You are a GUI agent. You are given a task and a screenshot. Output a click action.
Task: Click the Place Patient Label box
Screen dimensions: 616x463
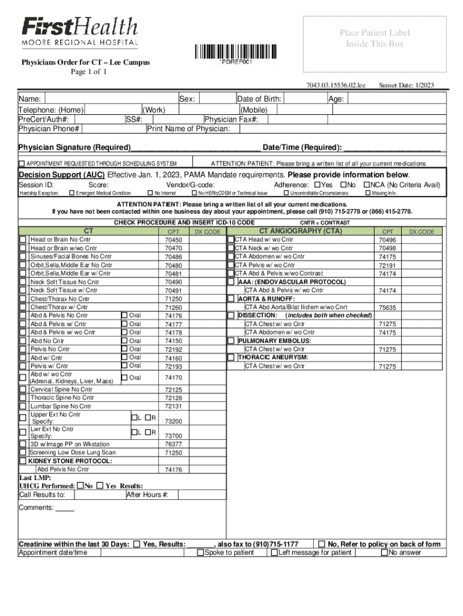tap(370, 38)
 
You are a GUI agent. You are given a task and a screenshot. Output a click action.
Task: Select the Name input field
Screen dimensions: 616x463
tap(111, 99)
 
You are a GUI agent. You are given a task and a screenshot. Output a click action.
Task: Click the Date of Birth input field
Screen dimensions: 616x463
tap(304, 99)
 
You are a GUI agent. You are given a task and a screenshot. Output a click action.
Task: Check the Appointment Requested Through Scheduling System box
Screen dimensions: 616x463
tap(22, 164)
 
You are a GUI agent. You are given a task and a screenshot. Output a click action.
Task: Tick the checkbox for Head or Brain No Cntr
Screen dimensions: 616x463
tap(22, 240)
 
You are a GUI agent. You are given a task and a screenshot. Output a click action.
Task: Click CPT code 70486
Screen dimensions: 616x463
tap(173, 257)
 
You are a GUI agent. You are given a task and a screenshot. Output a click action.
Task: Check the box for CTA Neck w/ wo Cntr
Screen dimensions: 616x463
tap(230, 248)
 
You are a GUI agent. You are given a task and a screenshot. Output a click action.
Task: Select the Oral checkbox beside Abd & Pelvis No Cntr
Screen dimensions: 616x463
tap(124, 315)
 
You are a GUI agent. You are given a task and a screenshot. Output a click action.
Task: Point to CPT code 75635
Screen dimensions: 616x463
tap(387, 307)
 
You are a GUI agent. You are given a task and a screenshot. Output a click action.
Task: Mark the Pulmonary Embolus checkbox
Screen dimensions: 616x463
tap(230, 341)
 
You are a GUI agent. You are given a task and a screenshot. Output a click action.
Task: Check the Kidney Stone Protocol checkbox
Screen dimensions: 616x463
tap(22, 461)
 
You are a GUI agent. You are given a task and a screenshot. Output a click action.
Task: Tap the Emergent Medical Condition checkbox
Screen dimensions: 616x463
tap(72, 193)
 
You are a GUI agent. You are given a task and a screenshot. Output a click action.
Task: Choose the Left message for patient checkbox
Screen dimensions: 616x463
tap(274, 553)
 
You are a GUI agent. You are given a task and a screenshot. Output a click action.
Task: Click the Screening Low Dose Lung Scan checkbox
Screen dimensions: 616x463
tap(22, 453)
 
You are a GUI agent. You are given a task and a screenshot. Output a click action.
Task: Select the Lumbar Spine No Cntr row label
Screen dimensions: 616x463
tap(60, 406)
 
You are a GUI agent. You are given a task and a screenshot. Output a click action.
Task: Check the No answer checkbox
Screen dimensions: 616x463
tap(385, 553)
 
